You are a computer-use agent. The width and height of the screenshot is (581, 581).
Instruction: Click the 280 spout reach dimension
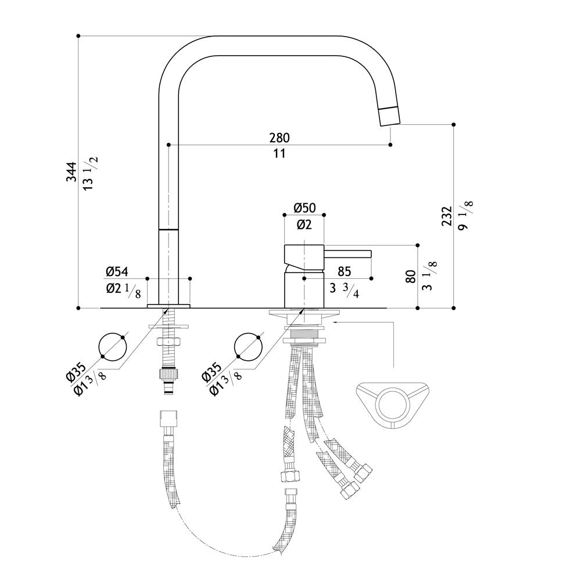point(279,138)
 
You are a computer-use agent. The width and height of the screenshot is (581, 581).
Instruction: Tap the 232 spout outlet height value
point(447,216)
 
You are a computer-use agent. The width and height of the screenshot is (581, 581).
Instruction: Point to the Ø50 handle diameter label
point(304,208)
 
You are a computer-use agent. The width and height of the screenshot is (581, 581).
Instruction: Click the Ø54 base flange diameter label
point(117,271)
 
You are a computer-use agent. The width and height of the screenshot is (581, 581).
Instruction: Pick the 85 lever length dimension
point(344,271)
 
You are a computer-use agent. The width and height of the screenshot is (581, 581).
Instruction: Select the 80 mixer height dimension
point(411,277)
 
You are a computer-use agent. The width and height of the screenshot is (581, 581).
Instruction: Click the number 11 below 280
point(279,153)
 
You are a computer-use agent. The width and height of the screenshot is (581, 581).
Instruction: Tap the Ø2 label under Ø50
point(304,224)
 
